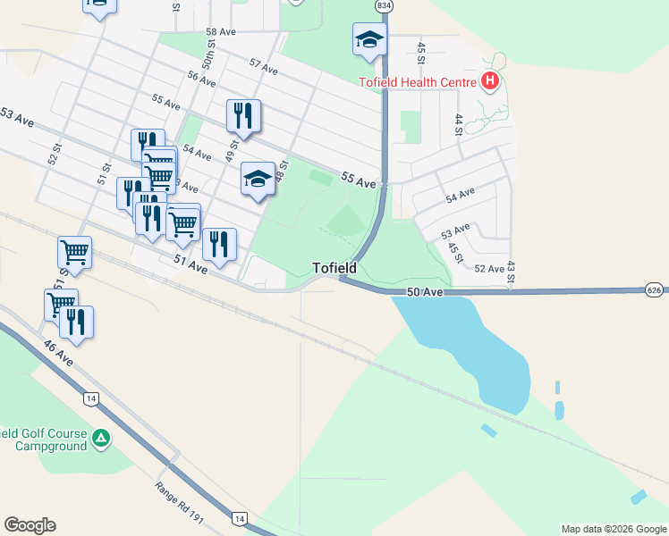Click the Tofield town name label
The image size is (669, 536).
pos(334,268)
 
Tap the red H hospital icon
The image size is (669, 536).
pos(489,82)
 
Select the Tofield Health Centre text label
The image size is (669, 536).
pos(418,82)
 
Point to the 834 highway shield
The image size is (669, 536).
pos(384,5)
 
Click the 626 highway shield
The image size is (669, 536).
pos(655,289)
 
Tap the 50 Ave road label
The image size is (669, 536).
pos(425,292)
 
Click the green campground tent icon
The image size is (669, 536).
pos(102,439)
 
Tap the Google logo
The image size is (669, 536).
pos(30,525)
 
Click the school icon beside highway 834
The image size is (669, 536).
pos(369,40)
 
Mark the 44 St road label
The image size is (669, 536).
pos(459,123)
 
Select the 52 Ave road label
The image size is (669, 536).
pos(489,268)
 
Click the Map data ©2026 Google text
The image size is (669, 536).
pos(614,529)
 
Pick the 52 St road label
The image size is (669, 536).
pos(55,154)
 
